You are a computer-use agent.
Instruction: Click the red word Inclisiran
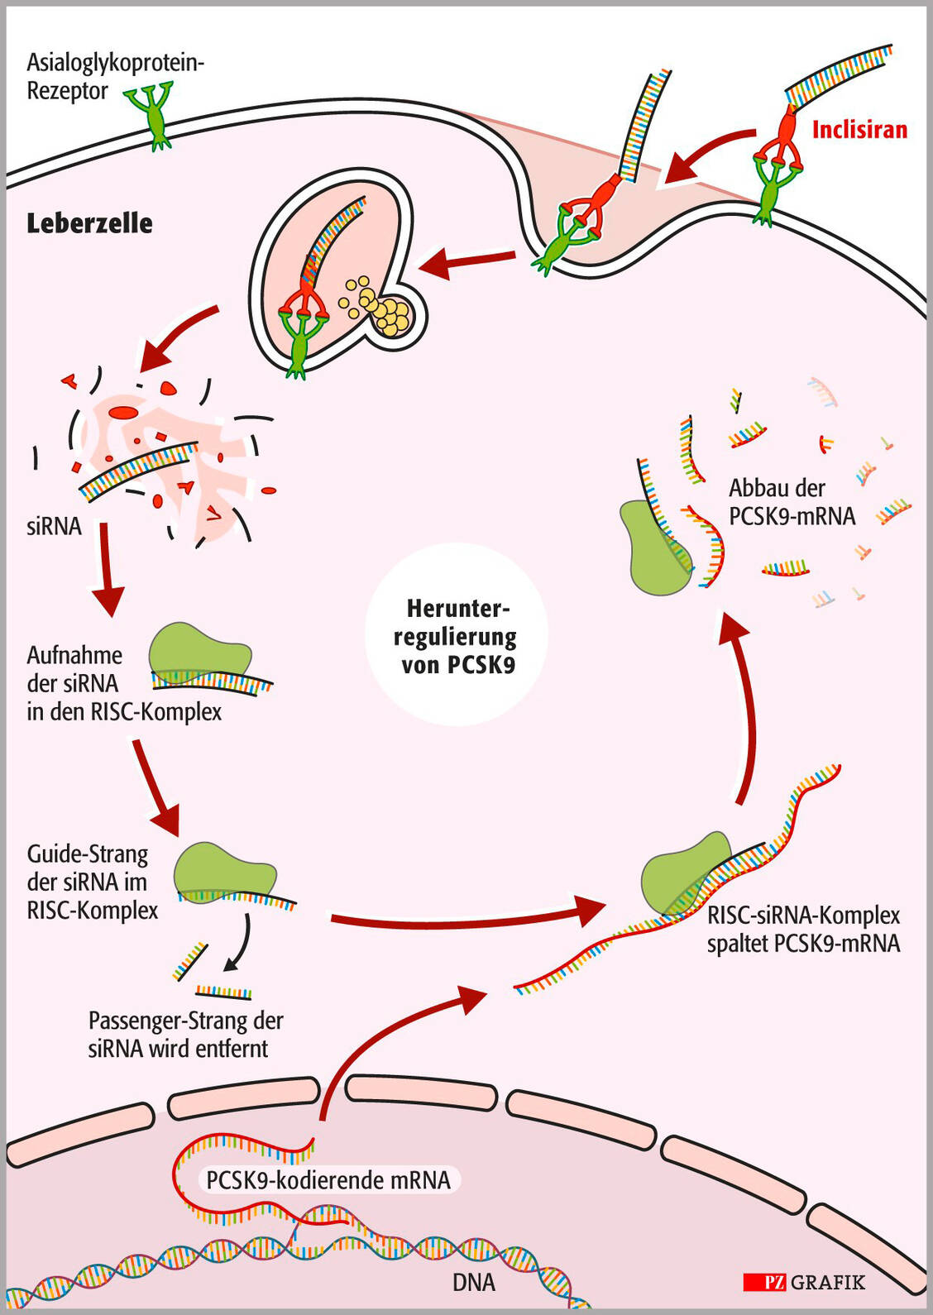(859, 130)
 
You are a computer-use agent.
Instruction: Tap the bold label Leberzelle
(89, 223)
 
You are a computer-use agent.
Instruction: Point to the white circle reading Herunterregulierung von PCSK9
(457, 635)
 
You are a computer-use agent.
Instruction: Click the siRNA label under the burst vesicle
(54, 526)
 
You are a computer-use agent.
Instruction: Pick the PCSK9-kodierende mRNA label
(328, 1179)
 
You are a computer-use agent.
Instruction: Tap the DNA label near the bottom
(474, 1283)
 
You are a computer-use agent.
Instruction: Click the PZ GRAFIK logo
(804, 1283)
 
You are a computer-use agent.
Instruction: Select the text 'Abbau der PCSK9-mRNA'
(792, 502)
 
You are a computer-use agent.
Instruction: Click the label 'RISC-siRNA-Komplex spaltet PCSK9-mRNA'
(803, 930)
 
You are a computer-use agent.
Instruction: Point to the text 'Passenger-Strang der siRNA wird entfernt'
(185, 1035)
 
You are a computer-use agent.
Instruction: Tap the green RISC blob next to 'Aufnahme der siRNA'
(199, 652)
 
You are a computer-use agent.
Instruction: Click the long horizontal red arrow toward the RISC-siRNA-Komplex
(463, 916)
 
